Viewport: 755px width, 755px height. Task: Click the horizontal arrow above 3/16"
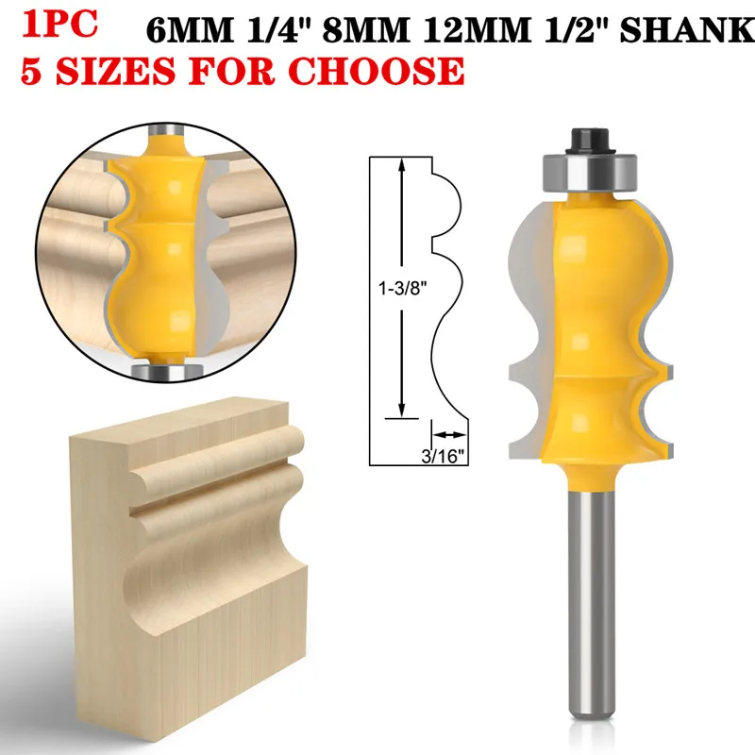451,436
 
